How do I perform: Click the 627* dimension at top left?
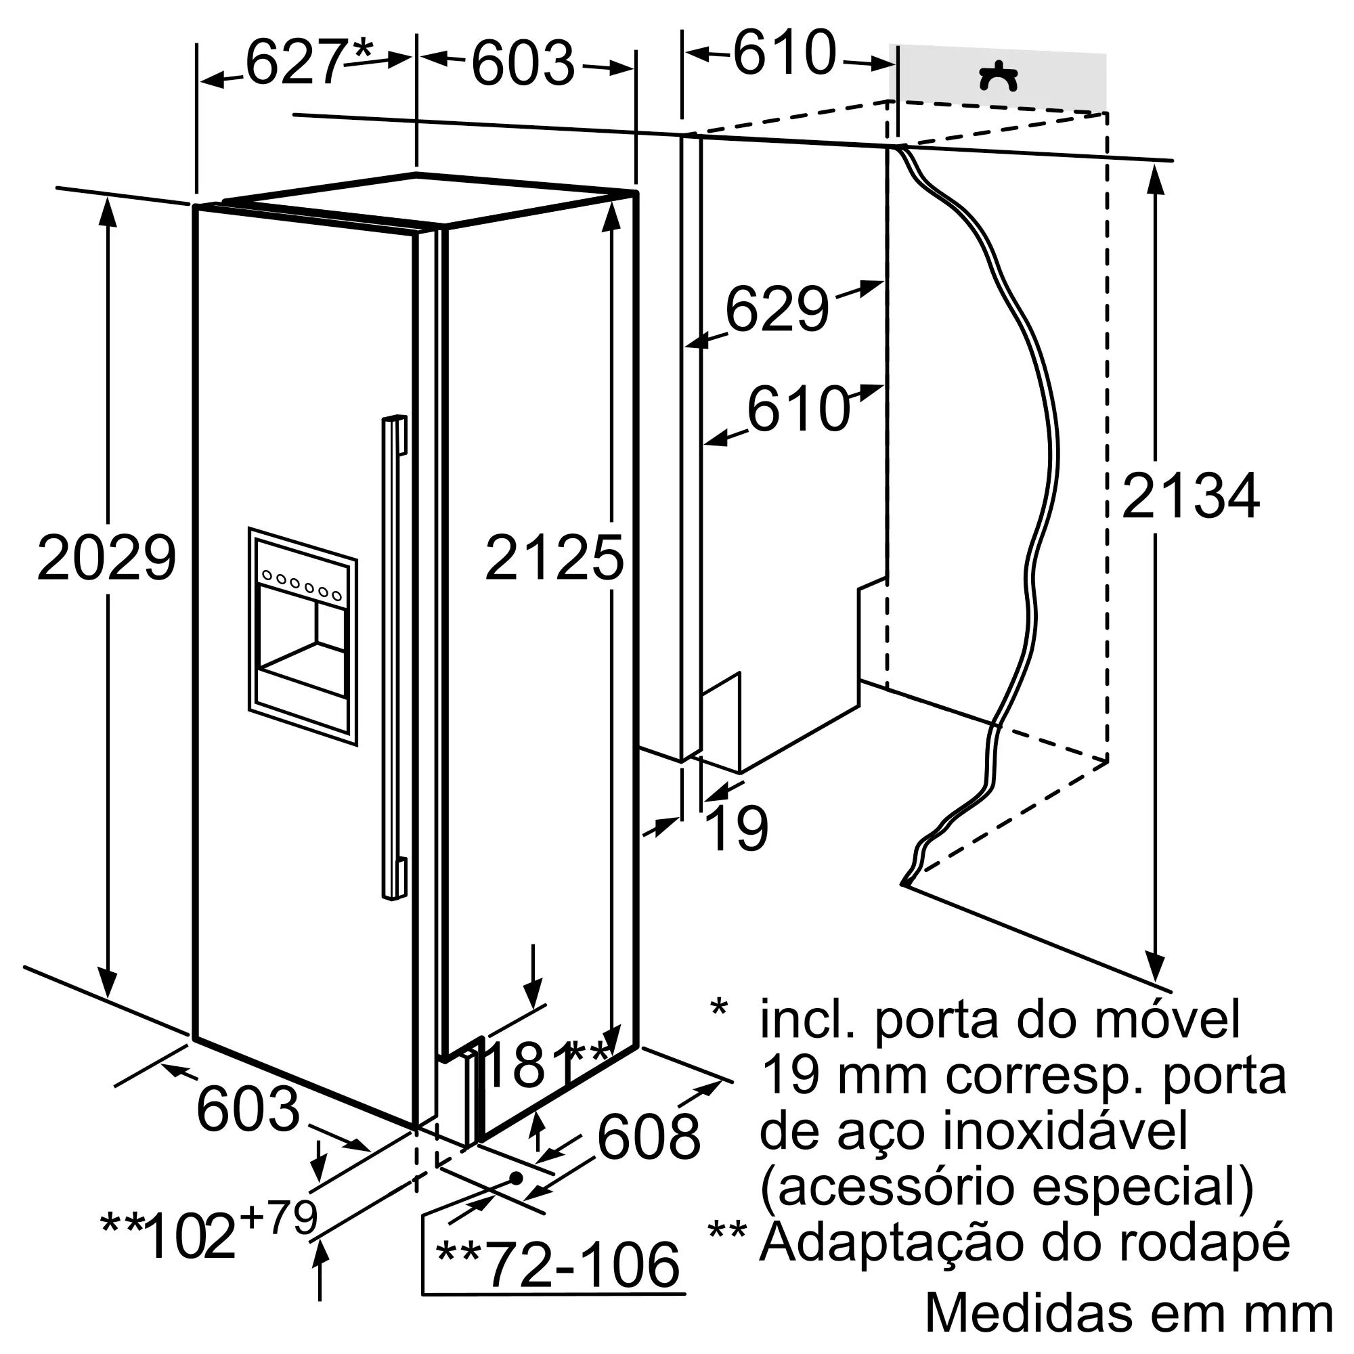(308, 62)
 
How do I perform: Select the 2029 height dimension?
(106, 558)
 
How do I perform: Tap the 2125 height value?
(554, 558)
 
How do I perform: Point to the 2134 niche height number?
(1191, 496)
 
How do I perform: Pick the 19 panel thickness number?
(737, 829)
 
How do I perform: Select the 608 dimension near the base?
(649, 1137)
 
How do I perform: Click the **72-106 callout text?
(557, 1265)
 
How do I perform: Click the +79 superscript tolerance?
(279, 1217)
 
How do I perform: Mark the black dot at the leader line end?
(517, 1177)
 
